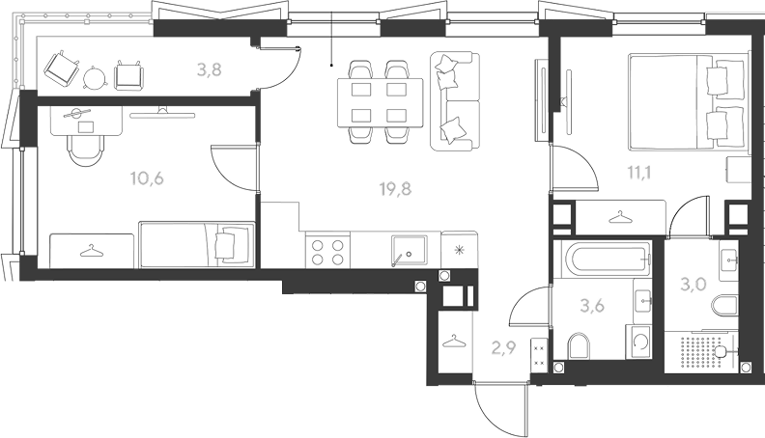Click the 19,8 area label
[x=395, y=188]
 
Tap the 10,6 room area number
[x=147, y=178]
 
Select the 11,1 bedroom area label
[x=639, y=173]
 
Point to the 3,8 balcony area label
[x=210, y=70]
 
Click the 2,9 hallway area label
[x=503, y=348]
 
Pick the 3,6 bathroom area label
[x=592, y=306]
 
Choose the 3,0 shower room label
[x=694, y=284]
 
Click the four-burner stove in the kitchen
[x=327, y=252]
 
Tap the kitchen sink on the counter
[x=409, y=252]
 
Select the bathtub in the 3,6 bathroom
[x=606, y=260]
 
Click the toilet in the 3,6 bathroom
[x=580, y=346]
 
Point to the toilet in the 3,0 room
[x=724, y=306]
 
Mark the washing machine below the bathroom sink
[x=638, y=342]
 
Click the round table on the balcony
[x=94, y=77]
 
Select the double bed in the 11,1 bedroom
[x=688, y=101]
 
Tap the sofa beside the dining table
[x=455, y=100]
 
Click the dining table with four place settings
[x=381, y=102]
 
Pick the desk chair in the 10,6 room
[x=86, y=150]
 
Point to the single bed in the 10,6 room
[x=197, y=245]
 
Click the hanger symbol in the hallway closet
[x=454, y=342]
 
